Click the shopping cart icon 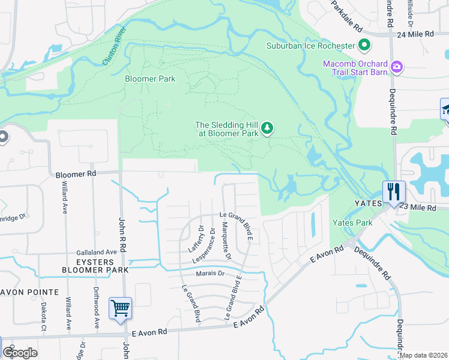(x=120, y=308)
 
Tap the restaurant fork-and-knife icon (x=394, y=191)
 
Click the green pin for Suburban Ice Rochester (x=364, y=45)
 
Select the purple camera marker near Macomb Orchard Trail (x=396, y=67)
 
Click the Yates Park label (x=352, y=223)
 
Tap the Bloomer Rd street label (x=76, y=175)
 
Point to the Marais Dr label (x=209, y=274)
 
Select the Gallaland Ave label (x=96, y=253)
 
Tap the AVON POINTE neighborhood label (x=29, y=292)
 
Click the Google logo (x=20, y=353)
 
